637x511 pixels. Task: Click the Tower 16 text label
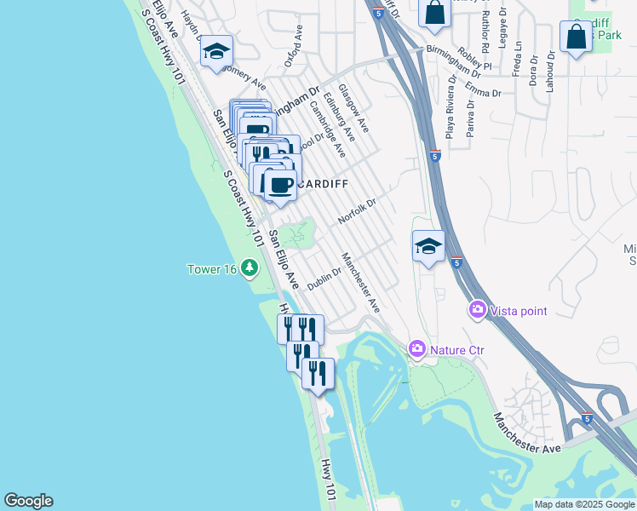(212, 269)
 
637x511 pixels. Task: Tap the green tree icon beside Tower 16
(250, 268)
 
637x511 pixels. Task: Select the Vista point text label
(518, 311)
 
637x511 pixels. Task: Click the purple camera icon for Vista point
(477, 310)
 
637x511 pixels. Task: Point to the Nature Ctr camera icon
(417, 347)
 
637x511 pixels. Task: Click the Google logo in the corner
(28, 501)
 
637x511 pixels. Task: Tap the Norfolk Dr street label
(357, 207)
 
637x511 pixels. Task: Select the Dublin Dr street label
(324, 278)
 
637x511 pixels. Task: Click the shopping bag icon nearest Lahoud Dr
(577, 37)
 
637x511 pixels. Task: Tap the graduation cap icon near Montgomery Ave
(216, 50)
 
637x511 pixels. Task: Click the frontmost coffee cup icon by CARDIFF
(280, 184)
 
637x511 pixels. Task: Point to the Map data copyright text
(585, 504)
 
